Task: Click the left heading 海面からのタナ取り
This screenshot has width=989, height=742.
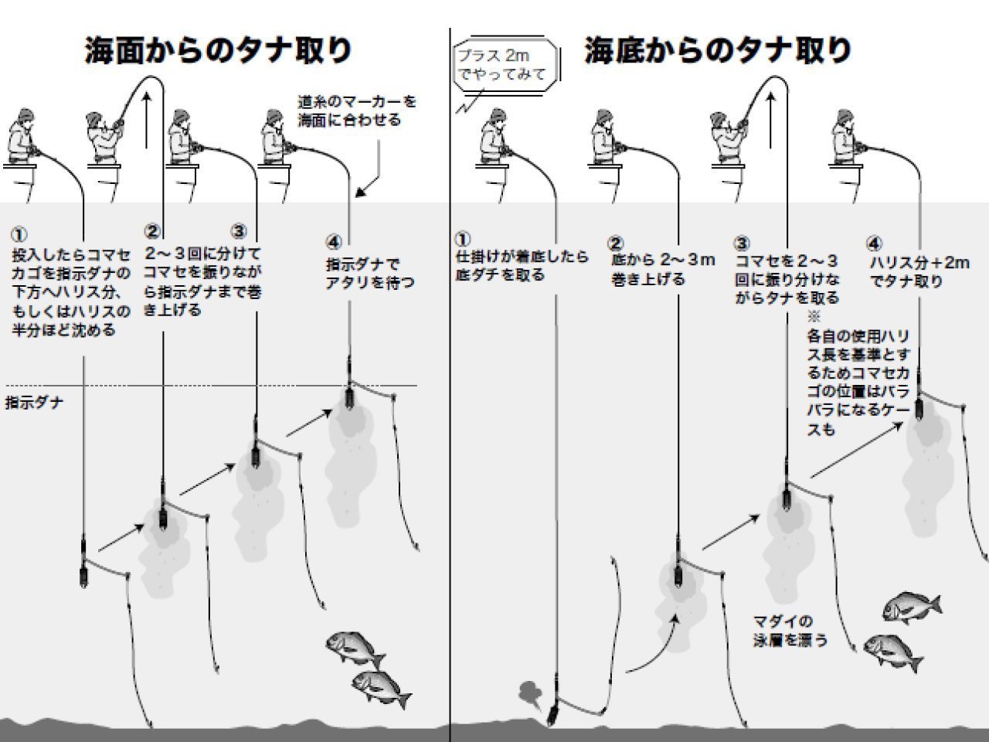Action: [219, 50]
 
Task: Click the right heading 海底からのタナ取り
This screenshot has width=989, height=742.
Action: [718, 50]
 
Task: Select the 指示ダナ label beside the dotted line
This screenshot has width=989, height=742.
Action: [34, 403]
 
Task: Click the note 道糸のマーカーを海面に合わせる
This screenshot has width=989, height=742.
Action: [357, 111]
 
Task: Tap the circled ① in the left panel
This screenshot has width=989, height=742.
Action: [19, 233]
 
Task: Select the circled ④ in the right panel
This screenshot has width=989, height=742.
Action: [875, 243]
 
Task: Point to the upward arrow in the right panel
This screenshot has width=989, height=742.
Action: [771, 116]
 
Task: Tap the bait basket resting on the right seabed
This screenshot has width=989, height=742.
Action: [552, 712]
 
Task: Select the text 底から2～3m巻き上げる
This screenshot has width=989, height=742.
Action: [662, 269]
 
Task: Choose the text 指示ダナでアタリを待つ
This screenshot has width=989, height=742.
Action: [369, 274]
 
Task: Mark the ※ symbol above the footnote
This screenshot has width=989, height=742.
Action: [813, 316]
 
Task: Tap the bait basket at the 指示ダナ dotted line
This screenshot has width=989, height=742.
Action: [348, 397]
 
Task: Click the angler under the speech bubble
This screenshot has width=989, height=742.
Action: [493, 139]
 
